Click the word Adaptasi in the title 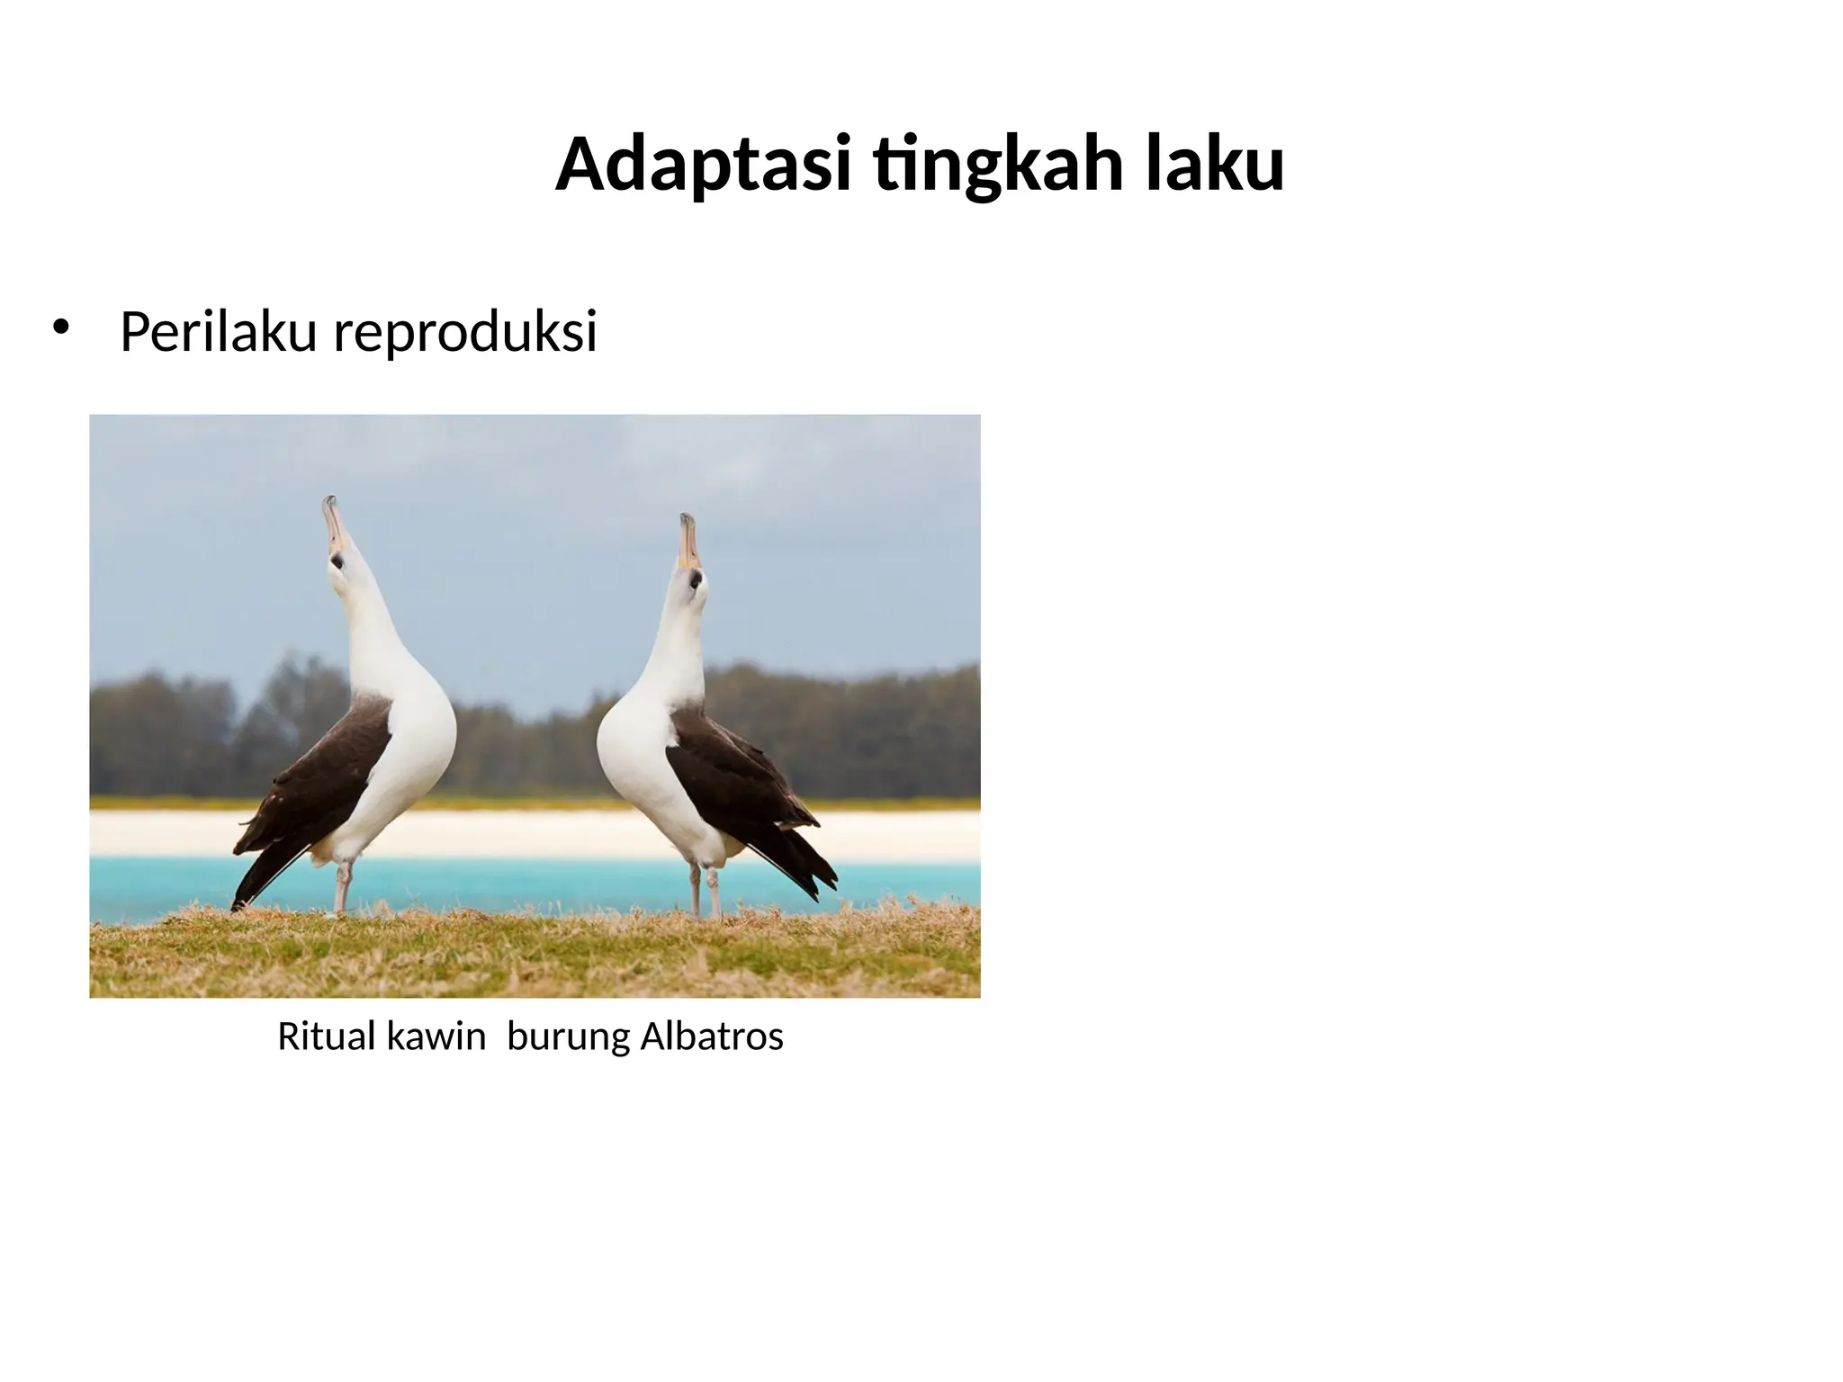703,165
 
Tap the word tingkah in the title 998,165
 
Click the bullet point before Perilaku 60,328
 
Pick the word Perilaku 218,331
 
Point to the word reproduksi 465,331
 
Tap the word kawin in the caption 436,1036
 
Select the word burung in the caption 568,1036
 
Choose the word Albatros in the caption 712,1036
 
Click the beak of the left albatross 333,525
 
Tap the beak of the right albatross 688,542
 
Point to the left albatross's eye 337,561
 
